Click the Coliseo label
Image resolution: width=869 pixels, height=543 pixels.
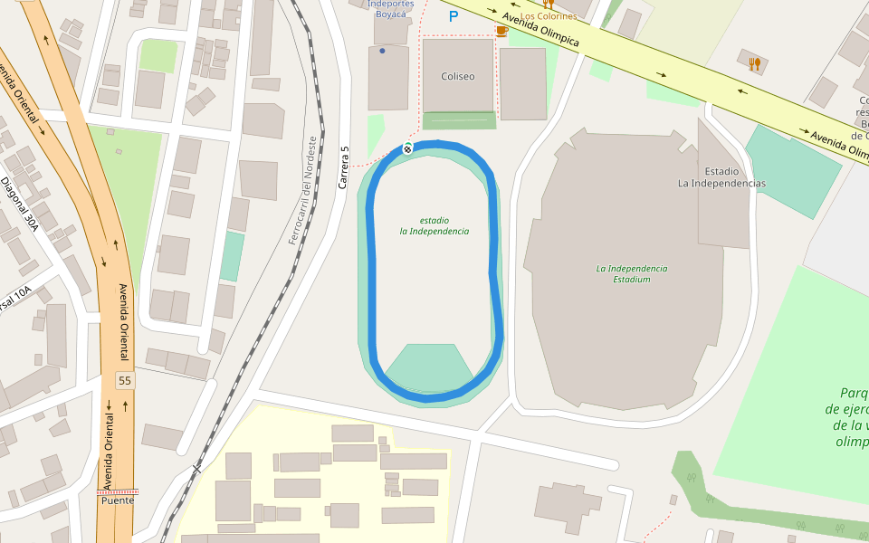click(457, 76)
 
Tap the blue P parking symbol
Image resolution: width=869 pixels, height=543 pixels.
click(454, 15)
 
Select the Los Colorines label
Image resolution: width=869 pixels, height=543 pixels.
click(548, 16)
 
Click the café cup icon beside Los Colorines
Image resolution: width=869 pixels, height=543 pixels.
click(501, 30)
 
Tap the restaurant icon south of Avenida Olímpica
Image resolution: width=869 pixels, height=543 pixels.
click(754, 63)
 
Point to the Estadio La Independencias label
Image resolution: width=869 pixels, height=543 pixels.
click(721, 177)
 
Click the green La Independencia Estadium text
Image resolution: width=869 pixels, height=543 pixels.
click(631, 273)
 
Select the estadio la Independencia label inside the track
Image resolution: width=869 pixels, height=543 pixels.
click(434, 225)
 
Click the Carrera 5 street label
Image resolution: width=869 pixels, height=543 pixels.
click(343, 167)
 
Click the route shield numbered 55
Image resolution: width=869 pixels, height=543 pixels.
click(124, 380)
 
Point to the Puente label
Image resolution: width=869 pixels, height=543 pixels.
click(118, 500)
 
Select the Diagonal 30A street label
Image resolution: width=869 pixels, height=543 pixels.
click(20, 204)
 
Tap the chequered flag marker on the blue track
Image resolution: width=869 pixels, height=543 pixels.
click(407, 148)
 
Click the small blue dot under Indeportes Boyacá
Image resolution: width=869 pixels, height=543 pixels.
click(382, 51)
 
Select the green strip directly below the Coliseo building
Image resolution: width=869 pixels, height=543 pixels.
click(459, 120)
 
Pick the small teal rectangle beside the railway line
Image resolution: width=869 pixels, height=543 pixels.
click(232, 256)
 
